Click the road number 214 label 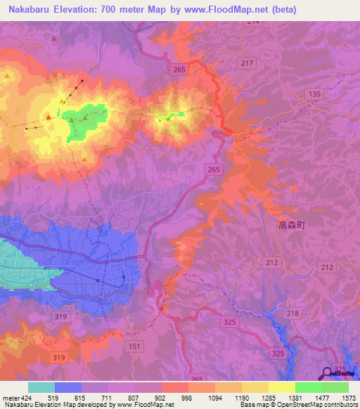(x=253, y=22)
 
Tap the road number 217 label (x=246, y=64)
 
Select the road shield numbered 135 (x=314, y=94)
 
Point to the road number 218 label (x=292, y=313)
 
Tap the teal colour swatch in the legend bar (x=41, y=387)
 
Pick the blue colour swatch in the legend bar (x=68, y=387)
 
